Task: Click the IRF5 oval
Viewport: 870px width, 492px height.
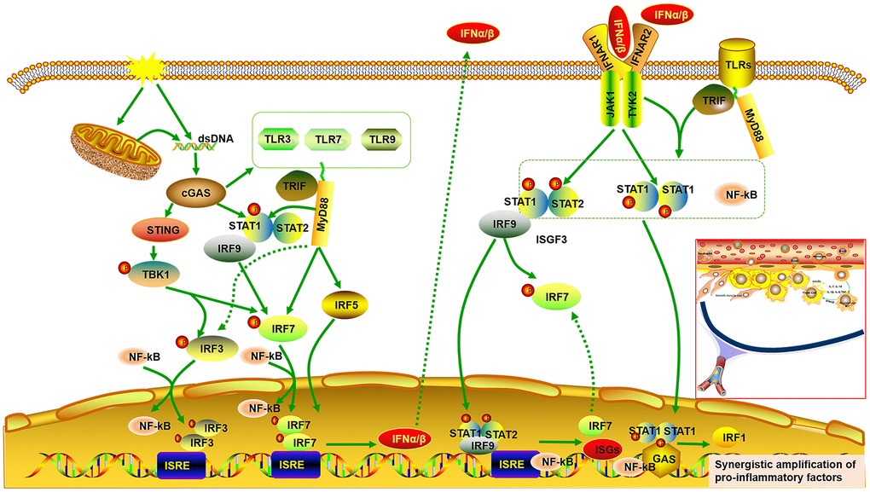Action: [340, 302]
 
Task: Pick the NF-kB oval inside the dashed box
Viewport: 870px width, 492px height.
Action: [739, 195]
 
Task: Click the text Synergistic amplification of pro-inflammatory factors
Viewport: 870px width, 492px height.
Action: [786, 469]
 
